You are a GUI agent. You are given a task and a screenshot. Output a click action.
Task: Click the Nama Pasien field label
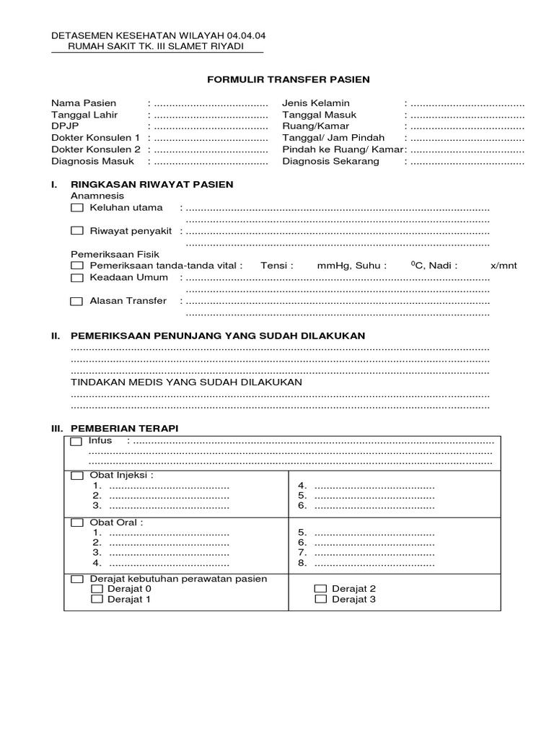click(x=84, y=103)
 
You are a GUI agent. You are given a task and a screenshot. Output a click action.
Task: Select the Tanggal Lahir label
click(x=84, y=115)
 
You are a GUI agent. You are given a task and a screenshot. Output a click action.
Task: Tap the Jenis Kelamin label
click(x=315, y=103)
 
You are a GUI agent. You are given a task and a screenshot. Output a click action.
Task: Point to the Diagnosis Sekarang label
click(x=330, y=161)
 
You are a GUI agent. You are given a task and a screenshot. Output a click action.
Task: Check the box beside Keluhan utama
click(x=77, y=208)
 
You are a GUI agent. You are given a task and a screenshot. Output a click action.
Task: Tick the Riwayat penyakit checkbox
click(x=77, y=231)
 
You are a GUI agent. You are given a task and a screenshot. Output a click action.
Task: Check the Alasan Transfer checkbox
click(x=76, y=302)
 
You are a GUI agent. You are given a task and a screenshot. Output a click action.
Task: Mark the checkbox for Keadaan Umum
click(x=77, y=277)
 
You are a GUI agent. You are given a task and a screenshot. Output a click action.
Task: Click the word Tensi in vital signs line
click(x=277, y=266)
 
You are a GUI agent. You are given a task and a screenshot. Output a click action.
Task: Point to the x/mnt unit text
click(x=504, y=266)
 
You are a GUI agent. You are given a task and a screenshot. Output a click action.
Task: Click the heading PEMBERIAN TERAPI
click(x=124, y=428)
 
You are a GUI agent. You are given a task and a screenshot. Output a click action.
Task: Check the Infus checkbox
click(x=76, y=442)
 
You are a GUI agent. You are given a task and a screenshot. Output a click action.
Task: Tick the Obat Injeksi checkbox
click(x=77, y=476)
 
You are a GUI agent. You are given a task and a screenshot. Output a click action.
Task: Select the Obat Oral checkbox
click(x=77, y=522)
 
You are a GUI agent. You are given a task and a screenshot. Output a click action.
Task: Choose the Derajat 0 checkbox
click(x=97, y=589)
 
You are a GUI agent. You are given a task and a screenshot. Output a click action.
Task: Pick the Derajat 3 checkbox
click(x=321, y=599)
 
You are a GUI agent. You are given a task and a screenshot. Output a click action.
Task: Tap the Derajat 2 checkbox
click(x=321, y=589)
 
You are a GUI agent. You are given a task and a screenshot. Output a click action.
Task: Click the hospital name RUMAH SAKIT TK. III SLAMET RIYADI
click(x=155, y=46)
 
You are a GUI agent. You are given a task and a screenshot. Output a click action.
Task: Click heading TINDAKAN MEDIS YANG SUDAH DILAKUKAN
click(x=186, y=382)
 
